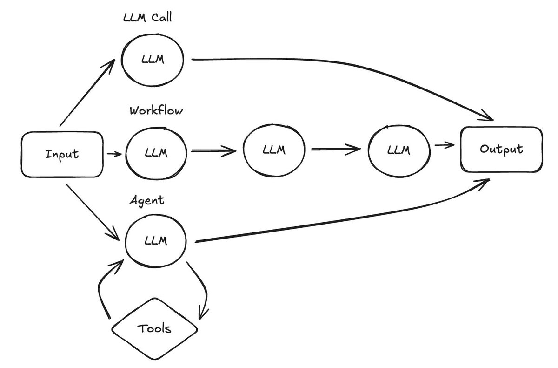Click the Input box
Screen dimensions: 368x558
click(62, 154)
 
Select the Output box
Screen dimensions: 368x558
click(501, 150)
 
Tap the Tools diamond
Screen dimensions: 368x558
click(154, 328)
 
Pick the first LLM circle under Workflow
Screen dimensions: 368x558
click(156, 151)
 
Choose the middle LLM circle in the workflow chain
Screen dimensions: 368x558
click(273, 150)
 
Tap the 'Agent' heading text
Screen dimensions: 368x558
click(146, 201)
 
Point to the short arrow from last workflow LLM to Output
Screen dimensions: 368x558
click(444, 146)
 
